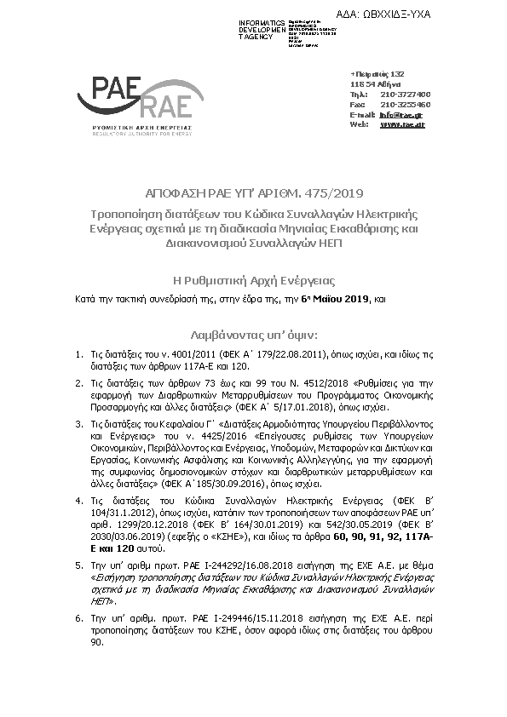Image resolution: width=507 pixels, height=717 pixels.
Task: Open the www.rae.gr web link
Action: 401,124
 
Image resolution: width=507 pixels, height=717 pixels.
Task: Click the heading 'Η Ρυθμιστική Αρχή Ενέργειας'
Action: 253,280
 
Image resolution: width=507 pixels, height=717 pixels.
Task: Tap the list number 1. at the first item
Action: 78,352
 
